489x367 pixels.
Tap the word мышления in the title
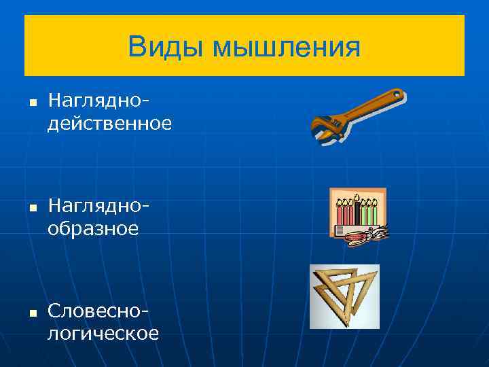(x=286, y=48)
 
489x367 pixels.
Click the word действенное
(x=109, y=124)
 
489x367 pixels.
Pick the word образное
(x=93, y=229)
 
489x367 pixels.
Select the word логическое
(x=103, y=333)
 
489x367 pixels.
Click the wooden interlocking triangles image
(x=344, y=296)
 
